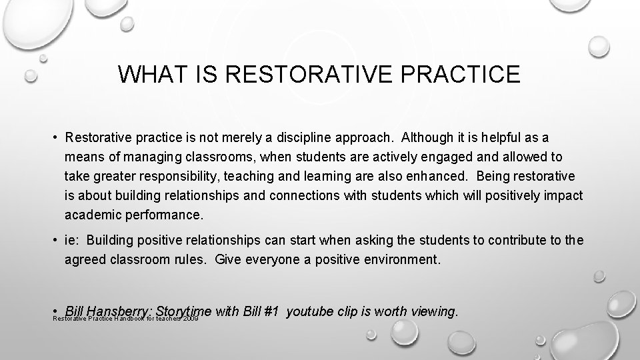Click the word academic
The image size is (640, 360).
(89, 216)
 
